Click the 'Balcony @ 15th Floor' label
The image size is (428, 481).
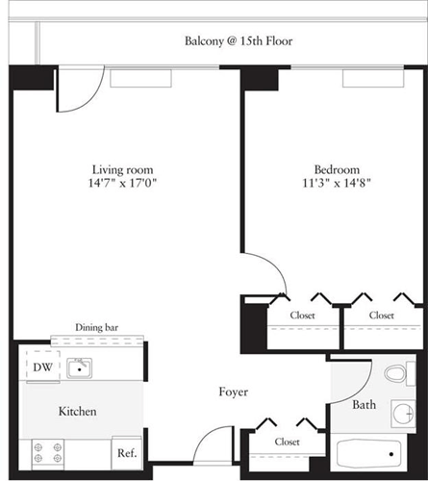tap(238, 41)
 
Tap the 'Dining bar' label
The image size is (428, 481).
tap(97, 327)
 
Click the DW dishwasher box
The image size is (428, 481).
tap(42, 367)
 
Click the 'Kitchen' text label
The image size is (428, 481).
tap(77, 411)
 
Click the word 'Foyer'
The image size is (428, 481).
tap(233, 392)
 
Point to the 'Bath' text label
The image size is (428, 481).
tap(364, 405)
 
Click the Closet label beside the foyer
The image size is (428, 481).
tap(287, 442)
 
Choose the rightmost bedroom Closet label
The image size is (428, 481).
tap(382, 315)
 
